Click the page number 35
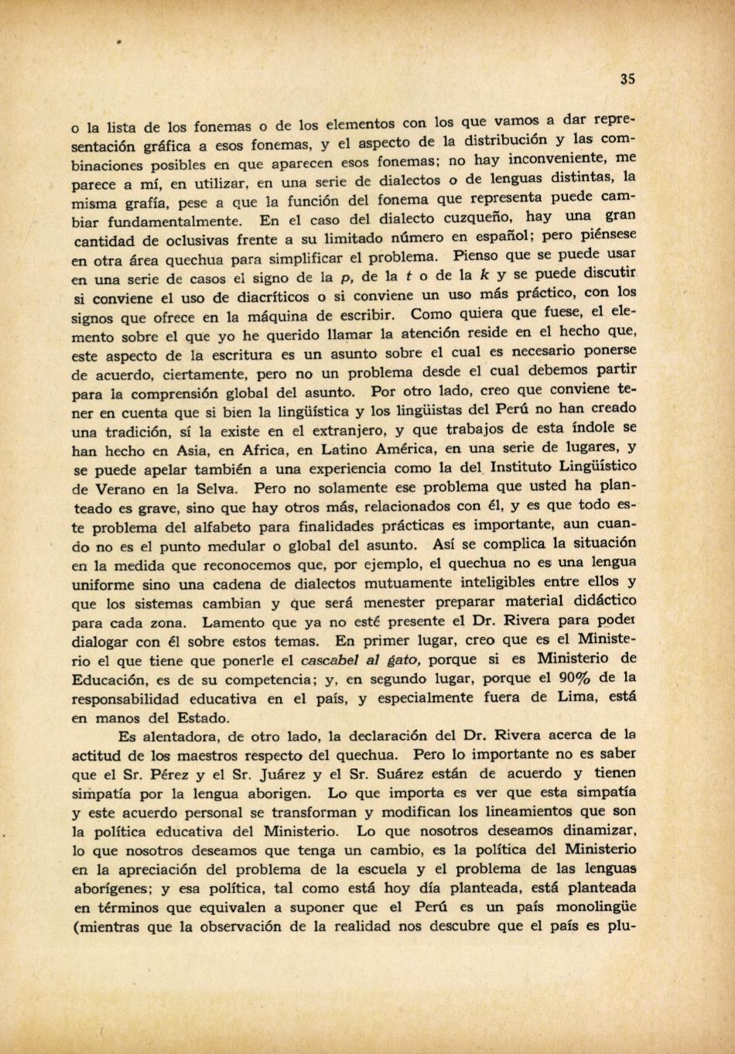(627, 78)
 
